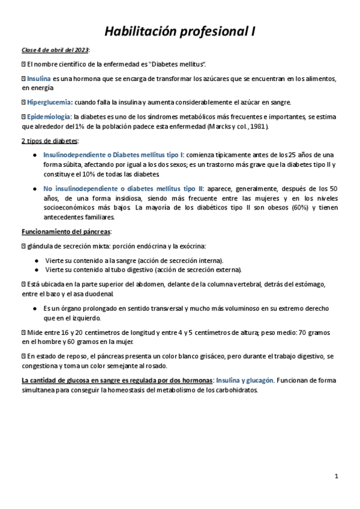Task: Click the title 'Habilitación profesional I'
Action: point(180,32)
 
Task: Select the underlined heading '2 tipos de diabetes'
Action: point(49,140)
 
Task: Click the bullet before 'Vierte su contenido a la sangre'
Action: point(38,261)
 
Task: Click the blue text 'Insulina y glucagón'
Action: point(244,380)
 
